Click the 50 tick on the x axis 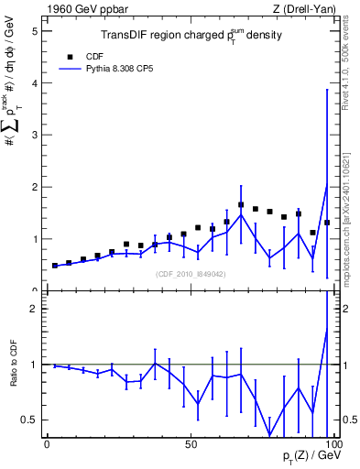[x=191, y=444]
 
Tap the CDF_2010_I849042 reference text [x=191, y=273]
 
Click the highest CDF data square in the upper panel [x=241, y=205]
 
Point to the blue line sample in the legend [x=71, y=69]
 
